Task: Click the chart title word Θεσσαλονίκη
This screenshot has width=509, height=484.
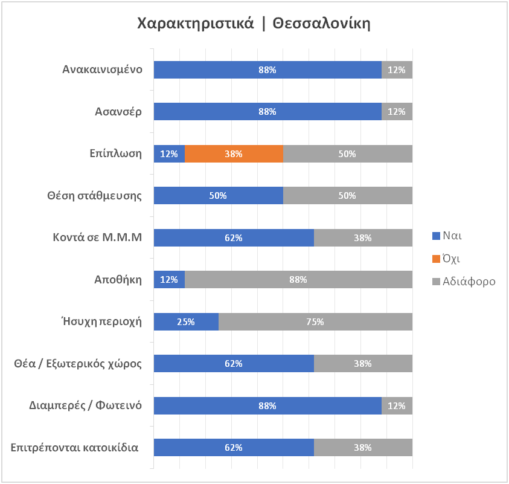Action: click(321, 24)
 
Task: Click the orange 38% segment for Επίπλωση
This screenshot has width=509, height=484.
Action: click(234, 153)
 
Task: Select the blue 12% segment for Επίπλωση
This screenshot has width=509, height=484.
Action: click(169, 153)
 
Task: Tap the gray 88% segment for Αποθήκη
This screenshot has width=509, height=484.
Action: click(298, 279)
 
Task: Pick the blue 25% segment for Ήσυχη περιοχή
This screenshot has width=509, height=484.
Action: click(186, 321)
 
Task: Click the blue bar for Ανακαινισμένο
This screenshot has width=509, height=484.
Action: click(267, 70)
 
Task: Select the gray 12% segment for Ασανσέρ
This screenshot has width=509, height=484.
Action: click(397, 111)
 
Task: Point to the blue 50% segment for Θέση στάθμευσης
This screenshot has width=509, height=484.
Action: click(219, 196)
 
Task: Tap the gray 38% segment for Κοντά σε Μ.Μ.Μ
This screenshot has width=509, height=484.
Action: click(363, 238)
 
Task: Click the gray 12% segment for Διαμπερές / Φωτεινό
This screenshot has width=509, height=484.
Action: click(397, 405)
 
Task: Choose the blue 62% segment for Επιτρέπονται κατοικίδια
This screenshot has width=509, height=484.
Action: click(234, 447)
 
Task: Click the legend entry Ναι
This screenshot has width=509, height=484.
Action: click(447, 236)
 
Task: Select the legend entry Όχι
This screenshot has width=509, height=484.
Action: click(446, 259)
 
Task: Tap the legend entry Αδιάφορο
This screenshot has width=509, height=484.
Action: click(464, 282)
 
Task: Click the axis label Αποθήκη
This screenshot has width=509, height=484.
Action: click(118, 280)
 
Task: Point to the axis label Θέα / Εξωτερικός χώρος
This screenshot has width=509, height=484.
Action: click(78, 364)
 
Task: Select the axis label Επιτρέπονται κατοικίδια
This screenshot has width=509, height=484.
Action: click(75, 448)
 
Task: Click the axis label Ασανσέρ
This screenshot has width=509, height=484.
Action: click(118, 112)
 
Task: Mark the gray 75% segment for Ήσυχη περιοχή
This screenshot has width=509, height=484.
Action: click(316, 321)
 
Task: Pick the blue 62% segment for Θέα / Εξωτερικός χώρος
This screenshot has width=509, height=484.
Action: click(234, 364)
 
